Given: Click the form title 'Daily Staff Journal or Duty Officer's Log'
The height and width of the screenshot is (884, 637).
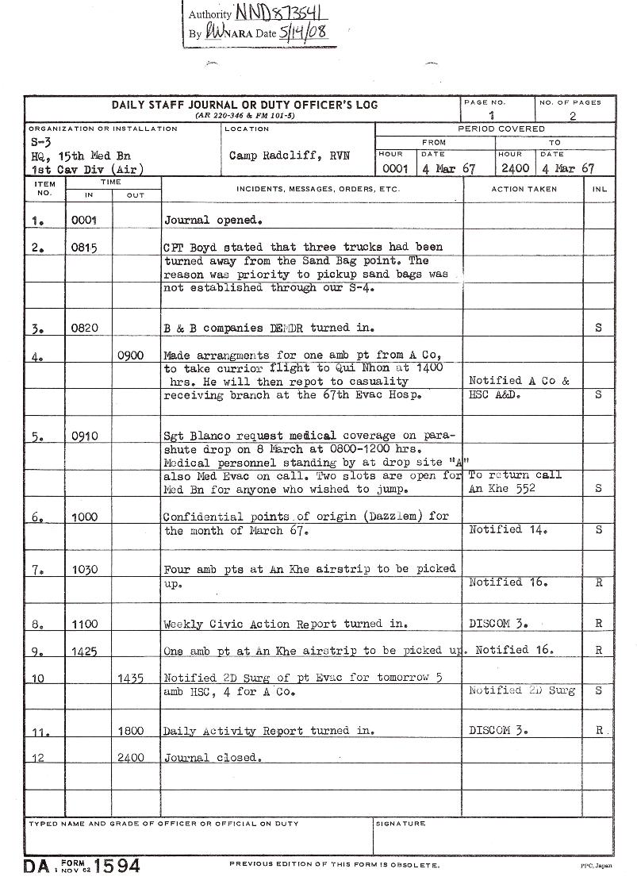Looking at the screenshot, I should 244,105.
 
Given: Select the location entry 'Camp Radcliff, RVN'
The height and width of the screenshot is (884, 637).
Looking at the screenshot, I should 290,156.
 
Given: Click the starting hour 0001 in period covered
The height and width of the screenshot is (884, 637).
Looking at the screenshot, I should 394,168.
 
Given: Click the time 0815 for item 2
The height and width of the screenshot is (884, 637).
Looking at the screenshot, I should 84,248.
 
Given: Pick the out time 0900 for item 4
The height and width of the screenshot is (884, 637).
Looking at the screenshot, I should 130,356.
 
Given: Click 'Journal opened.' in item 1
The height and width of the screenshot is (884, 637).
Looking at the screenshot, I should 213,220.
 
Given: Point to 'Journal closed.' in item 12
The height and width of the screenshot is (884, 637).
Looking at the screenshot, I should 213,758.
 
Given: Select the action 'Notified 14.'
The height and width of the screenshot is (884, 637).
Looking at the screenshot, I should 508,529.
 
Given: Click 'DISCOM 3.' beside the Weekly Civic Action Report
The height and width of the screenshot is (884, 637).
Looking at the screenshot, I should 498,624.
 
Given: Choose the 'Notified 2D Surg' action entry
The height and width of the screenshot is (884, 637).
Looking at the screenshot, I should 521,690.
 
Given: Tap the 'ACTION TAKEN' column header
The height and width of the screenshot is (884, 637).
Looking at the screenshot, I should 524,190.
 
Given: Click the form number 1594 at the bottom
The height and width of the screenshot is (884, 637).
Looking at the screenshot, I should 118,865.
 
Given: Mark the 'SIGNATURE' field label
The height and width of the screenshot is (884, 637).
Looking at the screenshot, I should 401,824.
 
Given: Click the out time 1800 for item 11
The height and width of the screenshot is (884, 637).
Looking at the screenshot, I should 130,731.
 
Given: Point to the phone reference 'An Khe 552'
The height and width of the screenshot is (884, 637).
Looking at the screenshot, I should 501,489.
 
